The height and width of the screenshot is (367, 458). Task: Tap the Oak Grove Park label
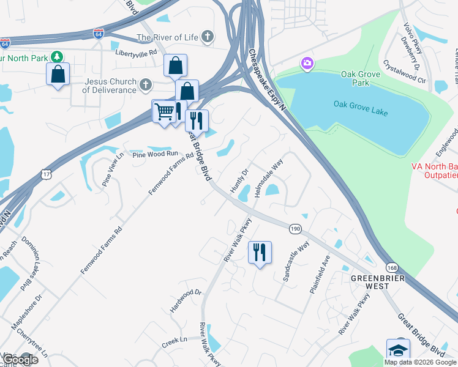[361, 78]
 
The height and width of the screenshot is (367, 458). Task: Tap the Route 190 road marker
[295, 228]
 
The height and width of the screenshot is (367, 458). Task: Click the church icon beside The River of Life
[208, 37]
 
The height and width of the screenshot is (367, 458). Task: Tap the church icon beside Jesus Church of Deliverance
[146, 84]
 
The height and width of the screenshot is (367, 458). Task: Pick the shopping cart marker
[163, 112]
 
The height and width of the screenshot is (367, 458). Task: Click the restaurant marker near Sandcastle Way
[260, 251]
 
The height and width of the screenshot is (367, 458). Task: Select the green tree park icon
[57, 56]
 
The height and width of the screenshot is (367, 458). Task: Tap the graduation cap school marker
[398, 350]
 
